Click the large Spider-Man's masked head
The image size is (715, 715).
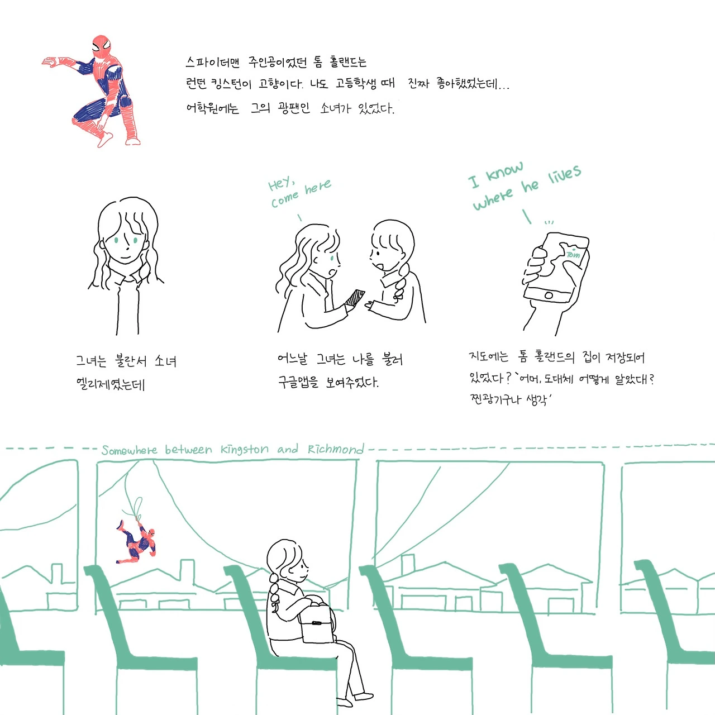coord(101,46)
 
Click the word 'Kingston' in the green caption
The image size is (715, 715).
coord(245,449)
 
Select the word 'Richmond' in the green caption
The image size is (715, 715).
coord(335,449)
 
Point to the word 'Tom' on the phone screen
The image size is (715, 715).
coord(573,255)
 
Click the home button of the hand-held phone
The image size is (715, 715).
coord(549,295)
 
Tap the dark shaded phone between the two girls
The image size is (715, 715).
coord(355,298)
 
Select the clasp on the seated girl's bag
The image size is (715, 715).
coord(317,623)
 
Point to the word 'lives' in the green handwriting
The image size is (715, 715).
coord(564,174)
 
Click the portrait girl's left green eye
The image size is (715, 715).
coord(116,240)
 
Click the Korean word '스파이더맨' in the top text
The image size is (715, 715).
coord(213,62)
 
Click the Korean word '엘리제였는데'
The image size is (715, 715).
coord(110,384)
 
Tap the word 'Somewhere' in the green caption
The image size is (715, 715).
coord(130,450)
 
